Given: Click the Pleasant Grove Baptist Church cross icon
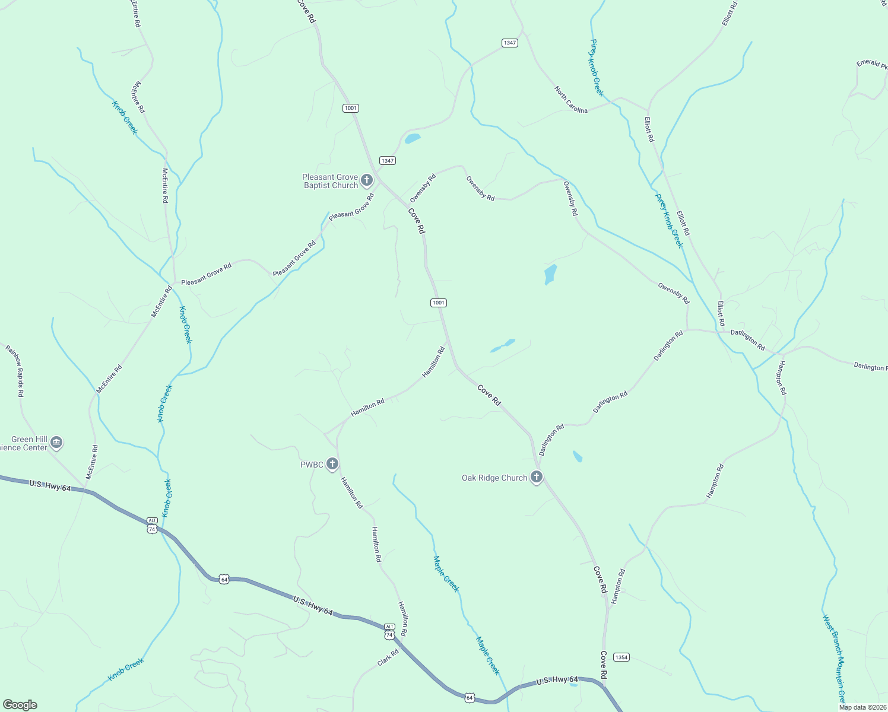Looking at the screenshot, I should point(367,180).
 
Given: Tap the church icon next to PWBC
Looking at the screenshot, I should point(332,464).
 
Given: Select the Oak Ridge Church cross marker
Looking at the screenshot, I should point(536,477).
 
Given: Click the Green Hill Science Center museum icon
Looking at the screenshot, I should point(56,442).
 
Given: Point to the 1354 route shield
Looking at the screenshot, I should point(621,657).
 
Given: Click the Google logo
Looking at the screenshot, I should point(20,705).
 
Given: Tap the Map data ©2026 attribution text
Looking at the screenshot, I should point(862,707).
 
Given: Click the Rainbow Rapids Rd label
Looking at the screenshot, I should point(15,371).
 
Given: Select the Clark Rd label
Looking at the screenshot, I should point(388,657).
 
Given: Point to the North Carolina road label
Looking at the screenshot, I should point(571,100).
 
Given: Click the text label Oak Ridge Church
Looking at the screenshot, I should point(494,478).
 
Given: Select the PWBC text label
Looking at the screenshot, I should point(312,465).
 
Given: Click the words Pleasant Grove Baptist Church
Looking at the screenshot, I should point(330,181).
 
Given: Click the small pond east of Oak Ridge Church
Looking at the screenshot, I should point(577,456).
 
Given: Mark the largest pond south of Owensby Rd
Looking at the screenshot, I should point(550,274).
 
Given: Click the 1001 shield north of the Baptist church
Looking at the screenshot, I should point(351,108).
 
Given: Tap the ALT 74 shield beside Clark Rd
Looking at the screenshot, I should point(389,631).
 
